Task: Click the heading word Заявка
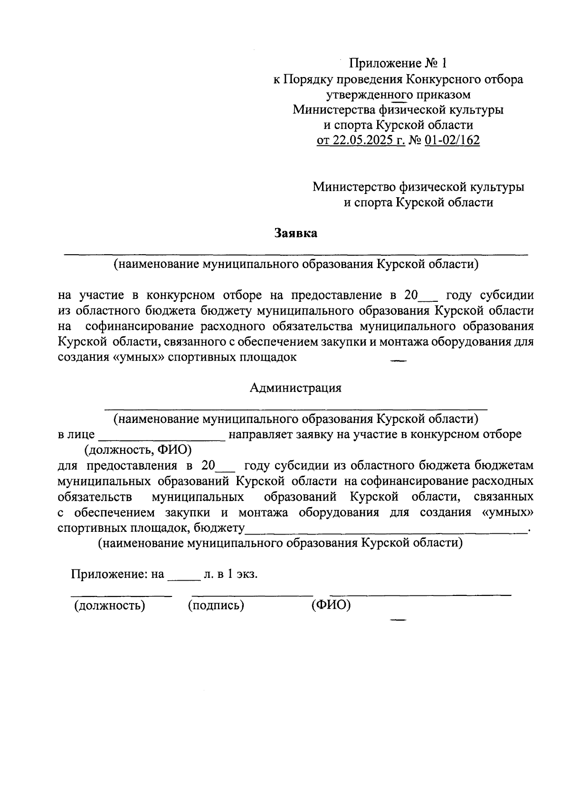point(295,233)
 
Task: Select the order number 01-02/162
point(453,141)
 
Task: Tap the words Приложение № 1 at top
point(398,63)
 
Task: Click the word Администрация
point(295,388)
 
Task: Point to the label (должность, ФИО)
point(138,449)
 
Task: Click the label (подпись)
point(216,605)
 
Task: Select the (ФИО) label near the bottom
point(331,605)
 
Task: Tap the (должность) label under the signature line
point(109,605)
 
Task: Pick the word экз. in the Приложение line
point(247,574)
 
